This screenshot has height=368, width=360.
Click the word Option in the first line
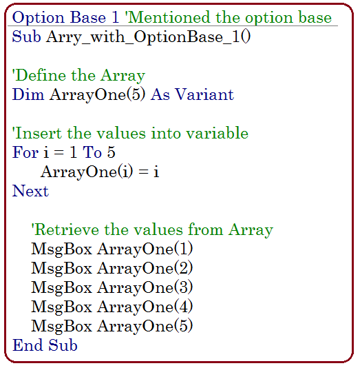click(38, 18)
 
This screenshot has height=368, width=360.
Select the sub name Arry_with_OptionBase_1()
click(148, 37)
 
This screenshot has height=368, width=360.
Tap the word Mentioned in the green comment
click(167, 17)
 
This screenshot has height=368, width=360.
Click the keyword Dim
click(28, 94)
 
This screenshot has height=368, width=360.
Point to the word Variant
click(204, 94)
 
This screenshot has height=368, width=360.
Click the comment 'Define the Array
click(78, 76)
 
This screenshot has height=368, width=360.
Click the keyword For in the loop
click(25, 152)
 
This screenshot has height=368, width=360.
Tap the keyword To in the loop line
click(92, 152)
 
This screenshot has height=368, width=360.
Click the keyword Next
click(30, 191)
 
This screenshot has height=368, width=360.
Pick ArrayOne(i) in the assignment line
click(87, 172)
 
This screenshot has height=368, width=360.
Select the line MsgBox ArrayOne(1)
click(112, 249)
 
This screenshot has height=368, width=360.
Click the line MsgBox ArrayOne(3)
click(112, 288)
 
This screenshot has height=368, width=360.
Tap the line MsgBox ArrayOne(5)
click(112, 326)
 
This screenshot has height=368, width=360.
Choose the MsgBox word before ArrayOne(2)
click(61, 269)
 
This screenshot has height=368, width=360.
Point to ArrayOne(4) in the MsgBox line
click(145, 307)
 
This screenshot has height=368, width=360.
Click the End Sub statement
click(45, 345)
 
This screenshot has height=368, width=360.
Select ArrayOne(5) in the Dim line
click(97, 95)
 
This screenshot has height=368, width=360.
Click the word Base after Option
click(88, 17)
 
